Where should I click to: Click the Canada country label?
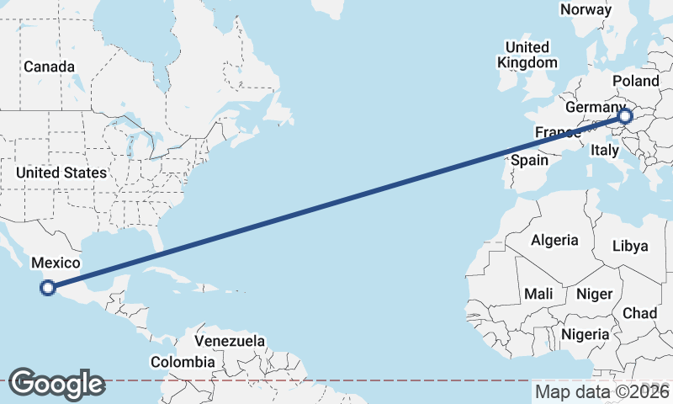tap(49, 66)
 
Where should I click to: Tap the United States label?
tap(61, 173)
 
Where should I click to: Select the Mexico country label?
tap(55, 263)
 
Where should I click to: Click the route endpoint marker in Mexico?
tap(48, 288)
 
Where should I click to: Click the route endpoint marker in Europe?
tap(624, 117)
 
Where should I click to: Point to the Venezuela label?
tap(230, 342)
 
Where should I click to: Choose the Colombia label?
tap(183, 362)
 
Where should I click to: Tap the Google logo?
tap(56, 384)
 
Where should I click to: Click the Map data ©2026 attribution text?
tap(602, 391)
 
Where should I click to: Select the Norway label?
tap(586, 9)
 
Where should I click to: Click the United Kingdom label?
tap(527, 55)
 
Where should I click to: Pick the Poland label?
tap(636, 81)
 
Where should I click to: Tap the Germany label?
tap(594, 109)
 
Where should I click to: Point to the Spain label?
tap(529, 160)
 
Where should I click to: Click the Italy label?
tap(605, 150)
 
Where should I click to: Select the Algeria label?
tap(554, 240)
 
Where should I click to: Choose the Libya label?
tap(630, 246)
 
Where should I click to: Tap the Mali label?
tap(538, 294)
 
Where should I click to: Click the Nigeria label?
tap(586, 334)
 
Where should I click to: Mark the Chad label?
tap(639, 313)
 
